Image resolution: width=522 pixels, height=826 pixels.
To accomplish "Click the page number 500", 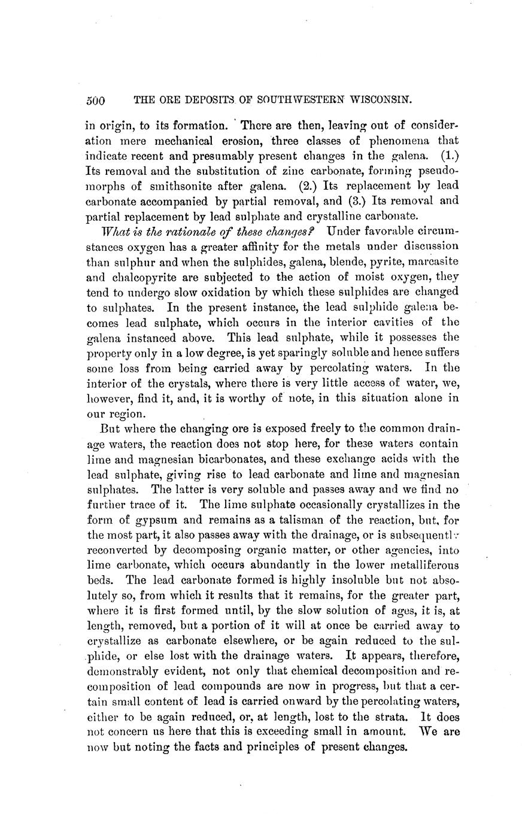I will click(96, 101).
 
